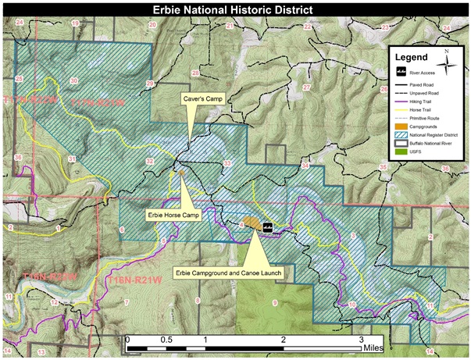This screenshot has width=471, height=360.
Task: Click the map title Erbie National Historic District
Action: coord(235,9)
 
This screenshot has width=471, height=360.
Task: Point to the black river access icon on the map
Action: coord(267,228)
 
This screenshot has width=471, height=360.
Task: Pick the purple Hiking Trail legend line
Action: coord(401,100)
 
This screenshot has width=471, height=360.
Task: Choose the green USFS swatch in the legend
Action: coord(401,151)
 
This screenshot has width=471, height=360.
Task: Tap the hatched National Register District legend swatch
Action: coord(401,134)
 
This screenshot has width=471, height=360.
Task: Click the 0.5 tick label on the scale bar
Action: coord(166,340)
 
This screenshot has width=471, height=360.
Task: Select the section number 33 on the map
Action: coord(227,162)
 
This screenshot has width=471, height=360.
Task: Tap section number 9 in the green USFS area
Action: coord(275,302)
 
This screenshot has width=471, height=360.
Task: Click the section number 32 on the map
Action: coord(148,161)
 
